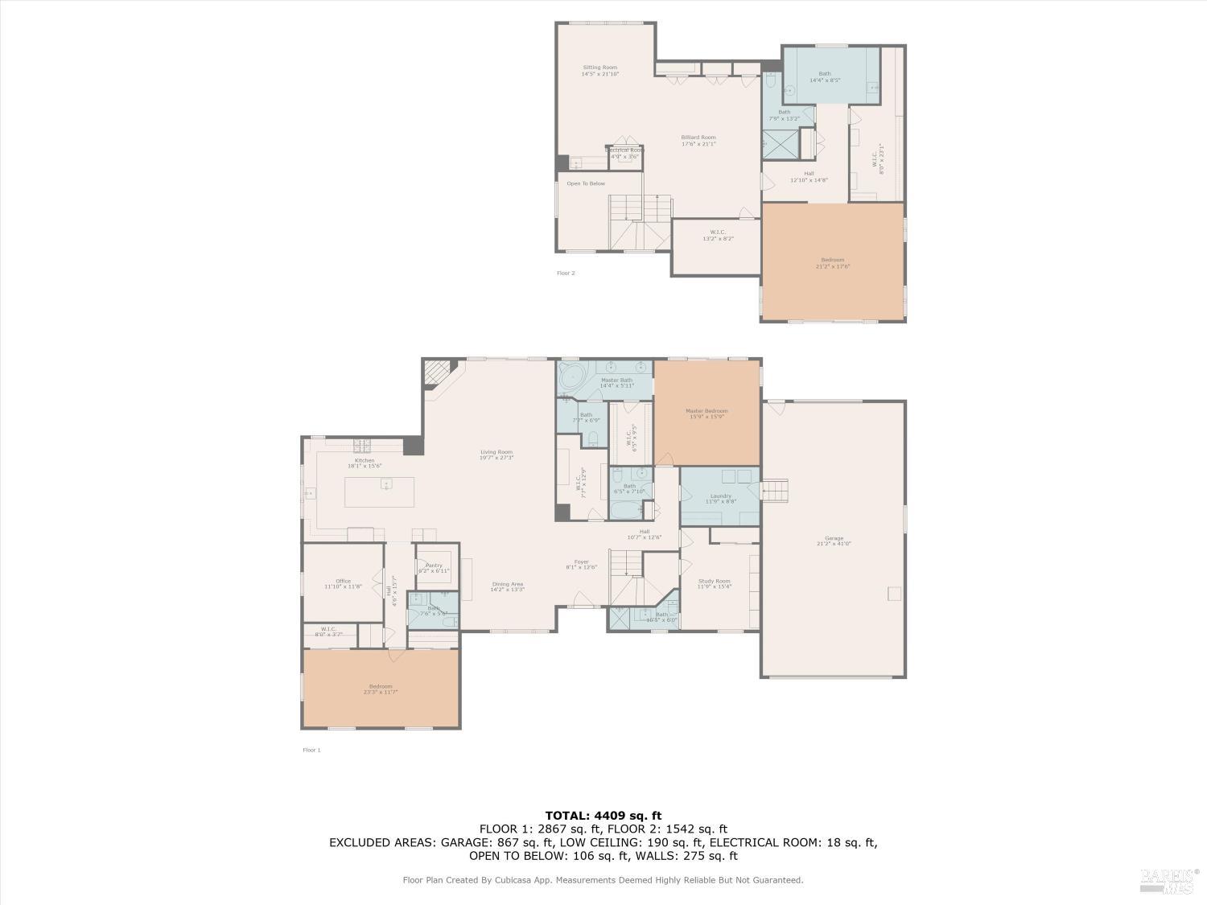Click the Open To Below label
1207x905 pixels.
coord(585,183)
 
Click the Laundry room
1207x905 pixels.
coord(720,497)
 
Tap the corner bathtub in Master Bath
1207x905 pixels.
coord(573,376)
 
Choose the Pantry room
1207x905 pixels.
coord(434,567)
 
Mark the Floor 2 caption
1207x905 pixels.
coord(566,274)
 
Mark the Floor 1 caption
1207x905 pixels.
coord(311,750)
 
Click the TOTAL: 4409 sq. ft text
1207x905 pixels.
coord(603,815)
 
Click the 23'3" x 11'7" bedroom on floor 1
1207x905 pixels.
coord(381,689)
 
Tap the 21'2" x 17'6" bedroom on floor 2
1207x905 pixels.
coord(833,261)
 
